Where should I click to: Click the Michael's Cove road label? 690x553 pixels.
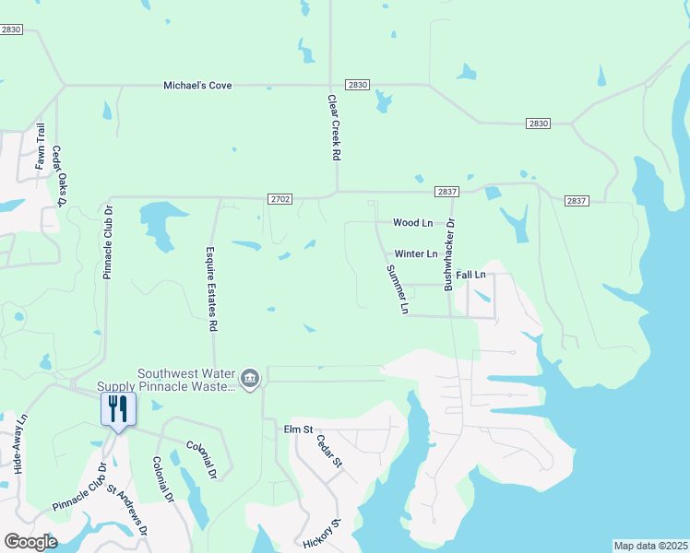(x=197, y=86)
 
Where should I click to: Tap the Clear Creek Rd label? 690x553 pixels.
(x=334, y=127)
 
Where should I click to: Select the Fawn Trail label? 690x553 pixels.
(x=41, y=147)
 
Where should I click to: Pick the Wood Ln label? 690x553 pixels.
(x=412, y=223)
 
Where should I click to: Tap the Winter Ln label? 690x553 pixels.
(x=416, y=253)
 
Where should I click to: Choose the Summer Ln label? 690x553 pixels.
(x=397, y=289)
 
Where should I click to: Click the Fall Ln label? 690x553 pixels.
(x=470, y=275)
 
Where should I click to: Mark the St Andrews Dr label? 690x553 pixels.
(x=128, y=511)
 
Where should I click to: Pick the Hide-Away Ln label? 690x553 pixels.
(x=19, y=444)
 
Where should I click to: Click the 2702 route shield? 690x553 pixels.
(x=281, y=198)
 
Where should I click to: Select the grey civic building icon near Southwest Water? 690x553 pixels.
(x=249, y=379)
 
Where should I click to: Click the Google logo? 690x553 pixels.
(x=30, y=542)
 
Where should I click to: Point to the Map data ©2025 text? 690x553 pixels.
(x=650, y=546)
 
